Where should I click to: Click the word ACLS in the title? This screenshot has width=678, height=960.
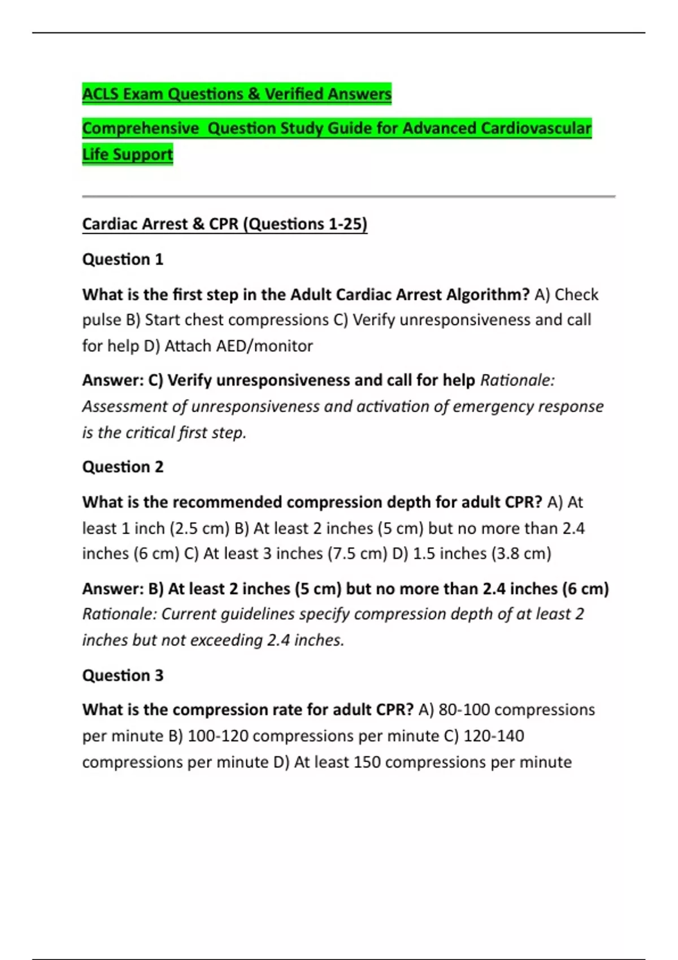click(x=101, y=94)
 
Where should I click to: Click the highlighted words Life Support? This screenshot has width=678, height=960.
click(x=128, y=154)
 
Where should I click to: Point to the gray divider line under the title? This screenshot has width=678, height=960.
click(x=349, y=197)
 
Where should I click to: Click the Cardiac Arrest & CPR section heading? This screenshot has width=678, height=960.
click(x=224, y=224)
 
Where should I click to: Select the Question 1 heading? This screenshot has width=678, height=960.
click(x=123, y=259)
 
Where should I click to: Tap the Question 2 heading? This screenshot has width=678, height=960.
click(x=123, y=467)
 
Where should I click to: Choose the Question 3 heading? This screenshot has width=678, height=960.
click(x=123, y=675)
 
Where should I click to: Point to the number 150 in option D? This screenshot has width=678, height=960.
click(x=367, y=762)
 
